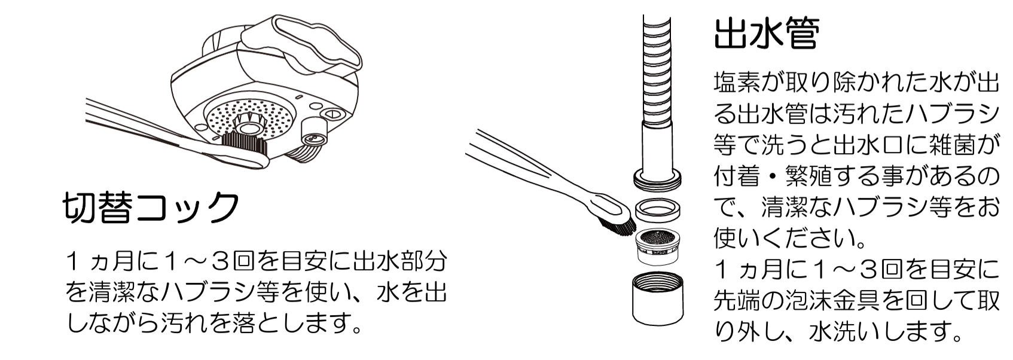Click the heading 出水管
tap(767, 32)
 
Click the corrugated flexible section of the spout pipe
tap(657, 70)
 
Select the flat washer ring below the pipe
tap(658, 210)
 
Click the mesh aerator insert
tap(658, 247)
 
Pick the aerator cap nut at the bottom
tap(658, 298)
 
